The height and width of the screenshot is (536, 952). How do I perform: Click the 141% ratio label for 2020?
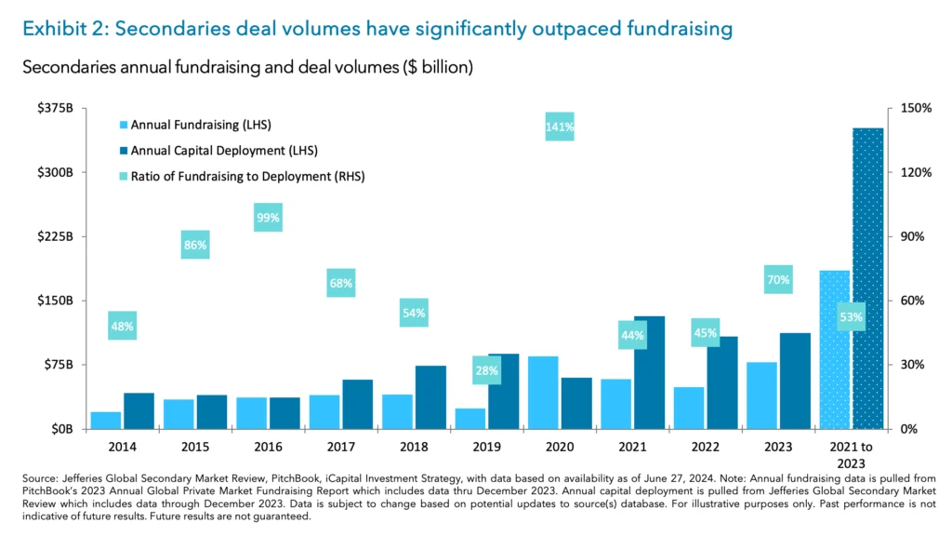pos(559,127)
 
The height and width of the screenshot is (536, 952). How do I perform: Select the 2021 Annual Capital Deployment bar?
pos(649,372)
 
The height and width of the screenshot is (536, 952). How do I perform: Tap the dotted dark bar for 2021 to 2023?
pos(867,278)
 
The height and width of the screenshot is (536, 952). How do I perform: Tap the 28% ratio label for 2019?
pos(486,370)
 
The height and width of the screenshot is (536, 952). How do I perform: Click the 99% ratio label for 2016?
pos(268,219)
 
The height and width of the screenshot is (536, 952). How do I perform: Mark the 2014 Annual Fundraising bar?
pos(105,420)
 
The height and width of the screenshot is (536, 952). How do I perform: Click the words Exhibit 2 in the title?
pos(60,29)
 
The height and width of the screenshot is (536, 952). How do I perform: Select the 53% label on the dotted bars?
pos(851,317)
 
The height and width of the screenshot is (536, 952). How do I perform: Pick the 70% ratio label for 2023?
pos(778,279)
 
